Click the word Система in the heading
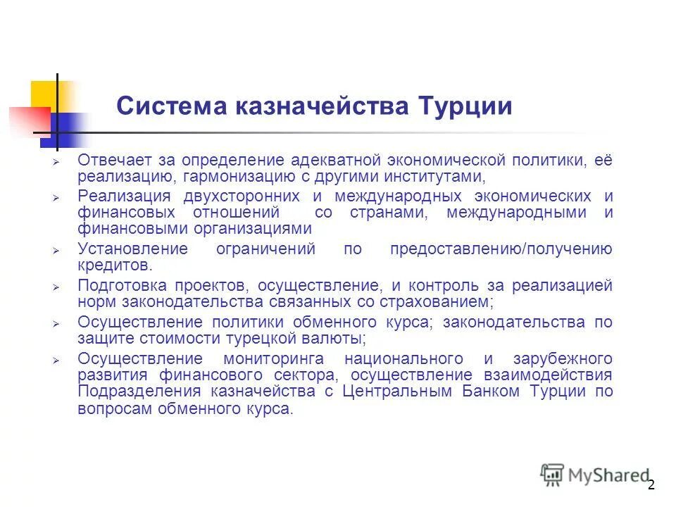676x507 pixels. click(166, 107)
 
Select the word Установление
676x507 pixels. click(132, 249)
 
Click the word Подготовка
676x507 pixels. click(123, 286)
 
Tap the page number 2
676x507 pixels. click(651, 484)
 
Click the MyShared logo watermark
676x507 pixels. click(595, 475)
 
